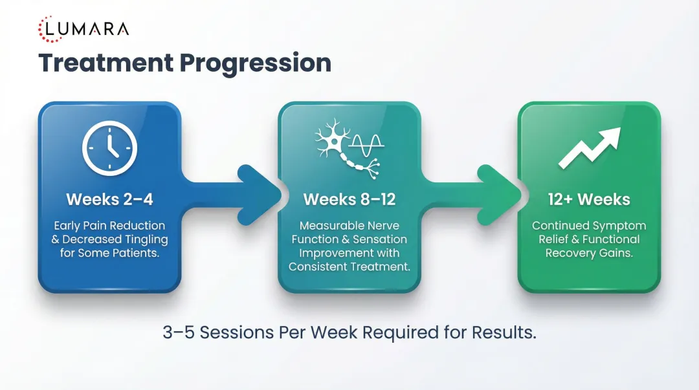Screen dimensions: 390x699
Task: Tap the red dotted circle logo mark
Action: click(50, 30)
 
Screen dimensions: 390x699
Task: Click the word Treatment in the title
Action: click(105, 63)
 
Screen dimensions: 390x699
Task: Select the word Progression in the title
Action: click(255, 63)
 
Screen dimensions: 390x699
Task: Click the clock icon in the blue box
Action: click(109, 148)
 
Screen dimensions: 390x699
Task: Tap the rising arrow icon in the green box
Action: click(589, 148)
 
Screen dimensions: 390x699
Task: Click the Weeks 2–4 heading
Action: click(109, 199)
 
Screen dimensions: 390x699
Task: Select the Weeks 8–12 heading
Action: click(349, 199)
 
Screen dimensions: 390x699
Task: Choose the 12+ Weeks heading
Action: click(589, 199)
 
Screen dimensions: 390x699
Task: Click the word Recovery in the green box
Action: click(570, 253)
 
